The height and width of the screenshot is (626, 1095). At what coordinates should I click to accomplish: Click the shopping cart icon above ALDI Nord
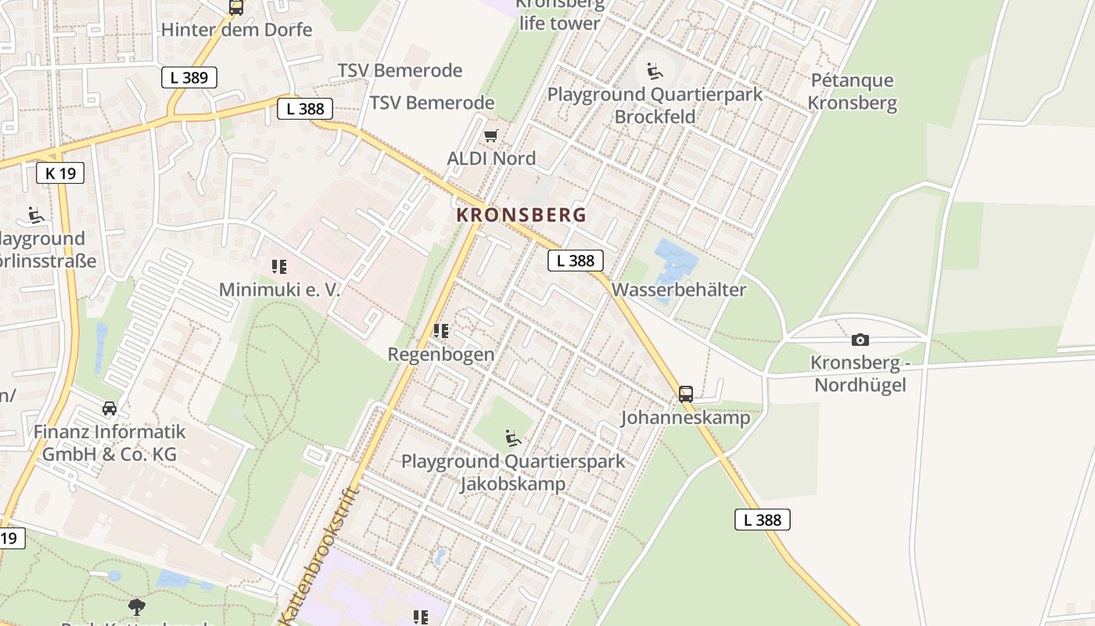click(490, 136)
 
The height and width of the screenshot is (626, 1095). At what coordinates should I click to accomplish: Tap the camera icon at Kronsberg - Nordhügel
click(860, 340)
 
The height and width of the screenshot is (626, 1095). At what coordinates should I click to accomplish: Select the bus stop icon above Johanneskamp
click(686, 394)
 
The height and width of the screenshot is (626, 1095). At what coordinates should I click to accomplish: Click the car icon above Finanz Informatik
click(109, 408)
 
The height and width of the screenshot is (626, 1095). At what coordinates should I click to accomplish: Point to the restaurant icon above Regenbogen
click(441, 331)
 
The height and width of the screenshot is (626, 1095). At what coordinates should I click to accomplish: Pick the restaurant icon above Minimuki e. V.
click(279, 267)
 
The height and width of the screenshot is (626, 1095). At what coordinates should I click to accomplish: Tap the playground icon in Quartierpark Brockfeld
click(655, 71)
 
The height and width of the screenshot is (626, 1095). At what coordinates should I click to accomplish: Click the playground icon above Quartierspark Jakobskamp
click(513, 437)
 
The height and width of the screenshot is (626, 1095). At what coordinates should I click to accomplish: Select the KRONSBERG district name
click(521, 214)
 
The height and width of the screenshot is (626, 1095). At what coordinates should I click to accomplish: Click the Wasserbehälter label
click(679, 290)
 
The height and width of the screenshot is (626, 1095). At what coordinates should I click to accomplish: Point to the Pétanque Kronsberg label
click(852, 92)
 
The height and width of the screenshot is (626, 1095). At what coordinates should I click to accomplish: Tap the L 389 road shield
click(189, 77)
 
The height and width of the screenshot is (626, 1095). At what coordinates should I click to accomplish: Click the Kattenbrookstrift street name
click(318, 557)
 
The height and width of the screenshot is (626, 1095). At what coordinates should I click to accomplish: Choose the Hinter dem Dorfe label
click(236, 30)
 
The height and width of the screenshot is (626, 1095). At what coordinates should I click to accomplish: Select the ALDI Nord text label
click(491, 158)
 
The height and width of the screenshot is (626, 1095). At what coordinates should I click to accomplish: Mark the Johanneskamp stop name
click(685, 418)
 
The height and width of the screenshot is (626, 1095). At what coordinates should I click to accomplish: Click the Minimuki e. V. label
click(280, 290)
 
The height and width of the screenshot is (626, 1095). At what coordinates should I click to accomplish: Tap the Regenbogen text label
click(441, 354)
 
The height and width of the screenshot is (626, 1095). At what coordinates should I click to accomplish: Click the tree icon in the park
click(137, 606)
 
